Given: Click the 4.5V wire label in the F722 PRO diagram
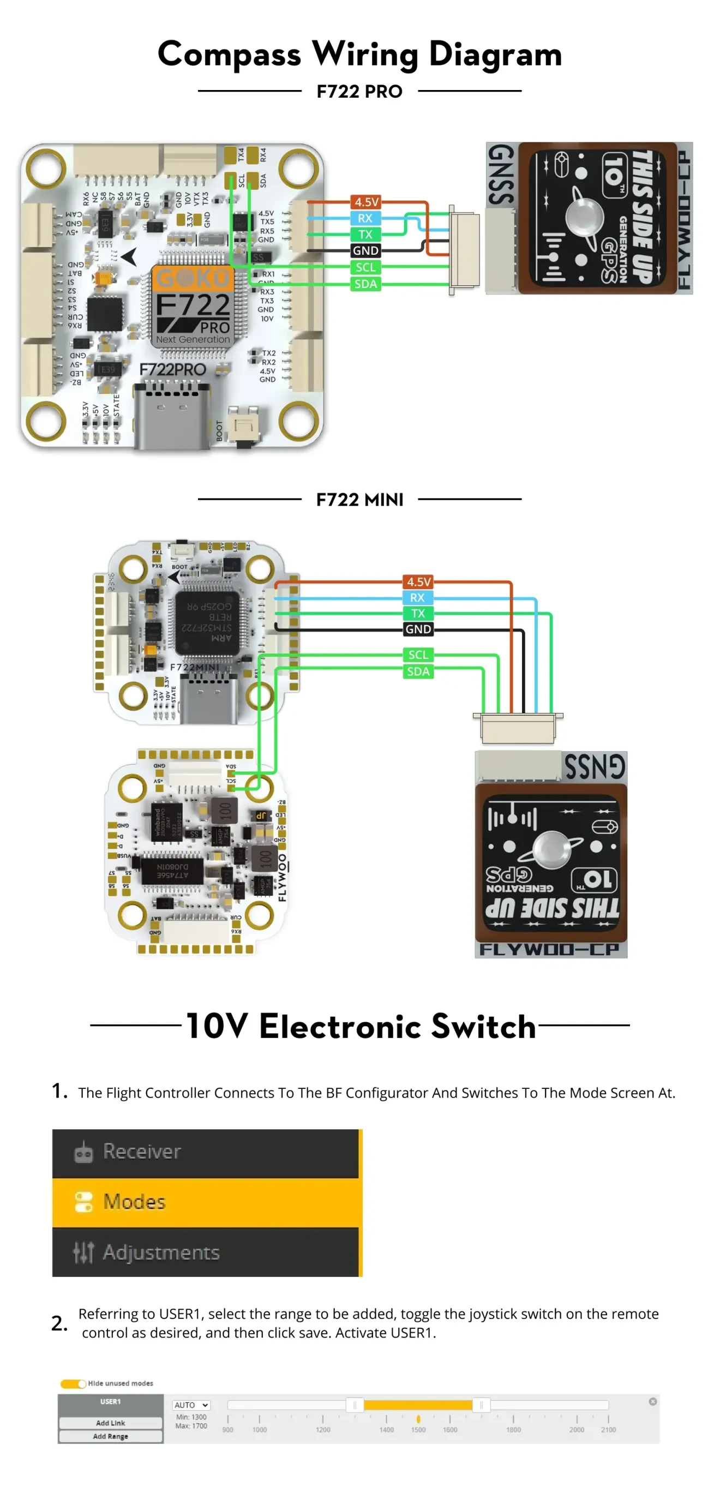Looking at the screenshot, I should tap(366, 202).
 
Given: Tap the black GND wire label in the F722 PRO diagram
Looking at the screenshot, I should tap(365, 250).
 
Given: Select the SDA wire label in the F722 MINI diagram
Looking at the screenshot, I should tap(418, 671).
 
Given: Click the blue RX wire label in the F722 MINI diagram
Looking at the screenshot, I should tap(417, 597).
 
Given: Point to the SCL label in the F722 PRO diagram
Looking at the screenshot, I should tap(365, 267).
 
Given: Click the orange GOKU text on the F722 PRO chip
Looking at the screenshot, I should tap(193, 278).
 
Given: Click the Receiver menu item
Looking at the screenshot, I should tap(141, 1151).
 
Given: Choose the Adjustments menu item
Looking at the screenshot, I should tap(161, 1252).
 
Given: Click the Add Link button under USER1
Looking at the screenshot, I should tap(110, 1423).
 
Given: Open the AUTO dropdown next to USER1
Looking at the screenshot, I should tap(190, 1405).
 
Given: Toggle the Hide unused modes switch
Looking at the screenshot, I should tap(73, 1383).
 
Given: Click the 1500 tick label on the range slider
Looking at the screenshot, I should tap(417, 1430).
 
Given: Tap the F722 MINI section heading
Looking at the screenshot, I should tap(359, 499).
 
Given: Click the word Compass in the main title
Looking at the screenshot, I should tap(229, 54).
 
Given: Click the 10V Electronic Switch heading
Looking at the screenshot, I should tap(360, 1026).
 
